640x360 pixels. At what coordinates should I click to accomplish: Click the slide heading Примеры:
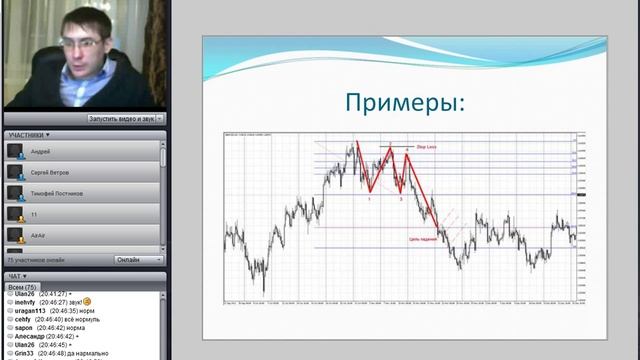[404, 103]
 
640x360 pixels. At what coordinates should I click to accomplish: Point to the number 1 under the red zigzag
[369, 200]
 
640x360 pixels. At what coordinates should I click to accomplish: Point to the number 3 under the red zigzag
[401, 200]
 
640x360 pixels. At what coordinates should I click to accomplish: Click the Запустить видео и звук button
[121, 118]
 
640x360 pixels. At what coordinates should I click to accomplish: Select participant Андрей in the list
[42, 150]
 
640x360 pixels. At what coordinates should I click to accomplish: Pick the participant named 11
[35, 213]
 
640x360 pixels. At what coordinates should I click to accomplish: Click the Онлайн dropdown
[139, 260]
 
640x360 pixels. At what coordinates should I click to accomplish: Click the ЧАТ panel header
[18, 276]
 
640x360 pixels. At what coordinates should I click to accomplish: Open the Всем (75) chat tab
[22, 287]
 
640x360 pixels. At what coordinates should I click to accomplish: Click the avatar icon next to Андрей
[16, 151]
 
